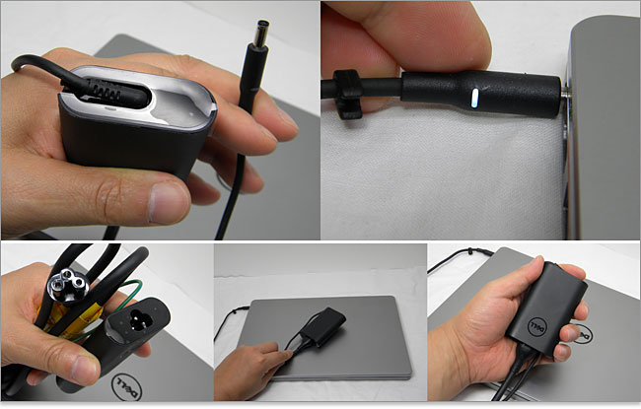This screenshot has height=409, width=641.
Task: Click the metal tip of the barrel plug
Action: pyautogui.click(x=260, y=34)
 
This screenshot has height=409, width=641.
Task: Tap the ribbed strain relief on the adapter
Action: pyautogui.click(x=105, y=90)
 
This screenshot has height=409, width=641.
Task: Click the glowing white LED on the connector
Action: pyautogui.click(x=474, y=99)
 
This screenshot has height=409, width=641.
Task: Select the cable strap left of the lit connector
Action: pyautogui.click(x=347, y=94)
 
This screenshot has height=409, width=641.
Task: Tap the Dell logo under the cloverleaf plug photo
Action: pyautogui.click(x=127, y=387)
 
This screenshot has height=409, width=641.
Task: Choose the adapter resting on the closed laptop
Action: pyautogui.click(x=322, y=327)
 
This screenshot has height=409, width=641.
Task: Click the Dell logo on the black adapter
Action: pyautogui.click(x=536, y=326)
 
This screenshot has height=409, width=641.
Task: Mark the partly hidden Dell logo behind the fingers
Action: pyautogui.click(x=582, y=333)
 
